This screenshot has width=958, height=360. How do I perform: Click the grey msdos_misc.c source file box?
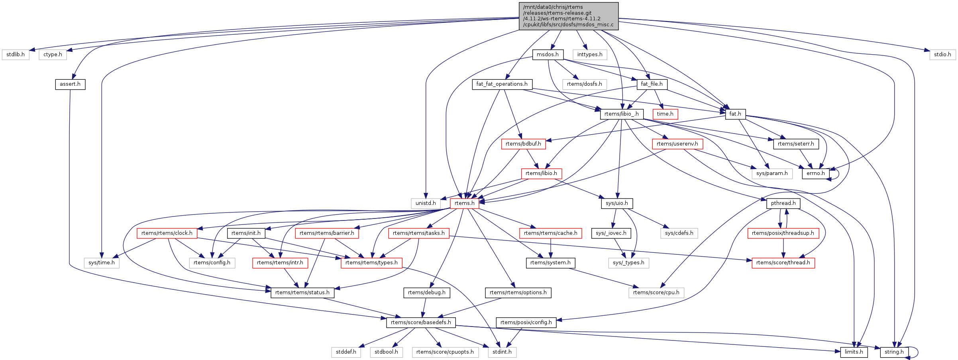568,16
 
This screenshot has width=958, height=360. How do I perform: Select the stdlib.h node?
16,55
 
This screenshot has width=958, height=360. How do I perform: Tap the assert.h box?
70,84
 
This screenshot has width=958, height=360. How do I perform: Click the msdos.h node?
548,55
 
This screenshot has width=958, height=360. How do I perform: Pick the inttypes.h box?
590,55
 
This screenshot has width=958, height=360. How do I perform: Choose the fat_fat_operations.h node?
502,84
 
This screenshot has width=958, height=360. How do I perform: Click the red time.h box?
665,114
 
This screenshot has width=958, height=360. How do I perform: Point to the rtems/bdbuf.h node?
523,144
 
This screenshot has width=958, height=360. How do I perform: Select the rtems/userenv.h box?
677,144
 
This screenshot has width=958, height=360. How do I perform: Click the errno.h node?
815,173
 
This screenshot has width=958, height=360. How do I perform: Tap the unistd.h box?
426,203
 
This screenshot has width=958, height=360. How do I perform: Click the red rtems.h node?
465,203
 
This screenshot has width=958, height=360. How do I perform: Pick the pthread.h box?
783,203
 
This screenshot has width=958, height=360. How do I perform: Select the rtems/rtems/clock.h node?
167,233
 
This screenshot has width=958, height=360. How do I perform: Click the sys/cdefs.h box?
679,233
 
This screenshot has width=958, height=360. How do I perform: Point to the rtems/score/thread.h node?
783,263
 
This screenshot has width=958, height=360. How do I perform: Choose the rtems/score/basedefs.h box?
421,323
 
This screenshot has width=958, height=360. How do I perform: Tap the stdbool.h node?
386,352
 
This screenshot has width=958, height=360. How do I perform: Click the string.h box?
894,352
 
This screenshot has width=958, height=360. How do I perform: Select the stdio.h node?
942,55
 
